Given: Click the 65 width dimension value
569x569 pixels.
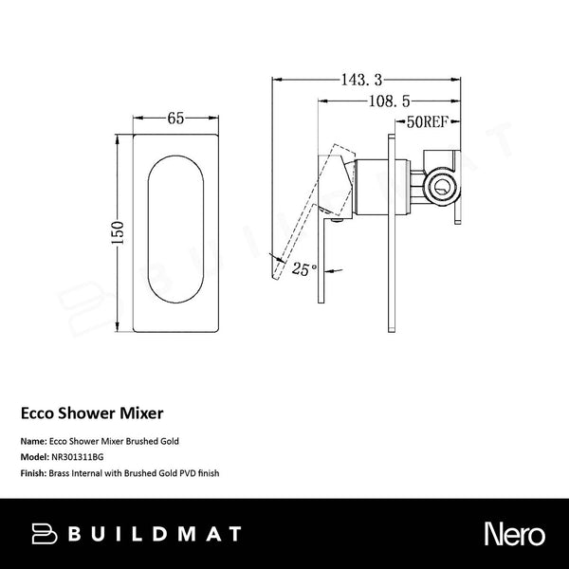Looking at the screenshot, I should click(176, 120).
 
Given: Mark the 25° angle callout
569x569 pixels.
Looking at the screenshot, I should click(303, 269).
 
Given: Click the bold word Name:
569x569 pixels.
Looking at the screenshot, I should click(32, 442).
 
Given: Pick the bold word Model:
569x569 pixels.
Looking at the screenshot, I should click(34, 455).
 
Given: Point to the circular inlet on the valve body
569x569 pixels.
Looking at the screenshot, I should click(439, 185).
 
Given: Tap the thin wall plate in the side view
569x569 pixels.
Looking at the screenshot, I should click(390, 232).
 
